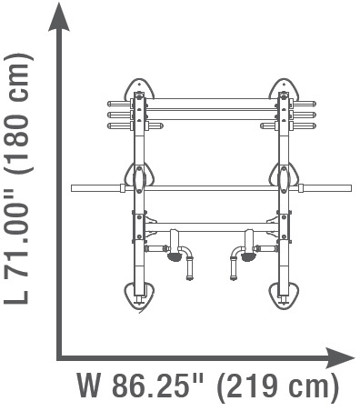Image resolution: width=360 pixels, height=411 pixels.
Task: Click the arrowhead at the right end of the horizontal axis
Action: pos(340,357)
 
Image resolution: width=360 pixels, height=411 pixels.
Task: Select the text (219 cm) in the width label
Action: pos(277,386)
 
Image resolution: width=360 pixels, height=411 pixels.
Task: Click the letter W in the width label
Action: pos(89,386)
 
